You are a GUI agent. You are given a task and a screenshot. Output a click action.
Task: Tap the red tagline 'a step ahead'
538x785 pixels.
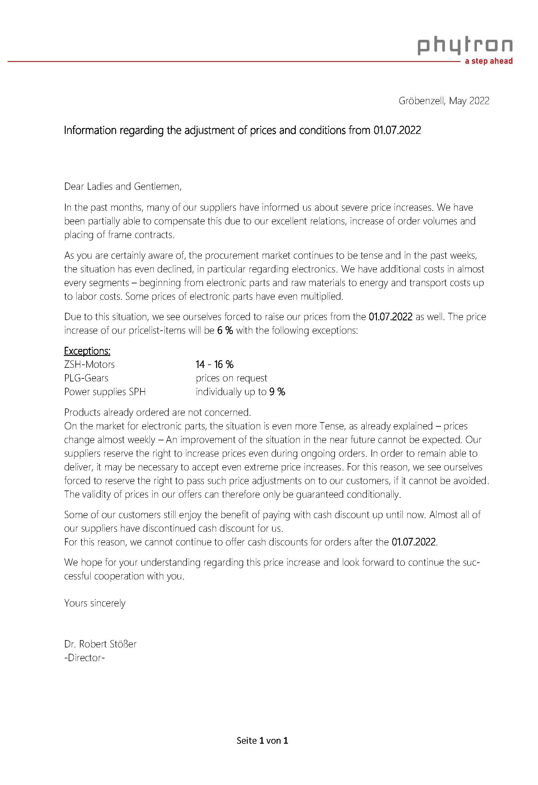click(x=489, y=61)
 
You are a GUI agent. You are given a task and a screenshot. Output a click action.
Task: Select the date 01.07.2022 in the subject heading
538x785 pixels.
click(x=397, y=130)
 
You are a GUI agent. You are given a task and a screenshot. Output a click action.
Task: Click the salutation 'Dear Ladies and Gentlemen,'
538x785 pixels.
click(x=123, y=186)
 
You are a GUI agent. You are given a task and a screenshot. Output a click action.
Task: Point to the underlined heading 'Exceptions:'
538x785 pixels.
click(x=87, y=351)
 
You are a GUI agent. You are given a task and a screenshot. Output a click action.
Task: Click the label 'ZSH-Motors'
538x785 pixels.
click(x=89, y=364)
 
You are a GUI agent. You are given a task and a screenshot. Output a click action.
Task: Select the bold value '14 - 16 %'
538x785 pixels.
click(x=214, y=364)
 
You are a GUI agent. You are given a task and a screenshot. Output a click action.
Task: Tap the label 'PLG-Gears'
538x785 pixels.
click(x=86, y=378)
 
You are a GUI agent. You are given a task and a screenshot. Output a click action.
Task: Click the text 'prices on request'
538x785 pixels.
click(x=231, y=378)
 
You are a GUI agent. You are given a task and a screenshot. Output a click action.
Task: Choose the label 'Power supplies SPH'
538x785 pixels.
click(x=105, y=392)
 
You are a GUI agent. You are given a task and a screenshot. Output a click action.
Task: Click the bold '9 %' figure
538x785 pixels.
click(x=277, y=392)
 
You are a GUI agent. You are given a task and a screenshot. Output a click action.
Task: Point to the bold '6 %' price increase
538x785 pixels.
click(x=225, y=330)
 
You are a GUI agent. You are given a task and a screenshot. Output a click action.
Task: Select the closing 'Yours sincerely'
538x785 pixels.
click(x=95, y=603)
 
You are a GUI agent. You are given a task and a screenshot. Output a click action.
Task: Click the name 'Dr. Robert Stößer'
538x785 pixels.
click(x=100, y=644)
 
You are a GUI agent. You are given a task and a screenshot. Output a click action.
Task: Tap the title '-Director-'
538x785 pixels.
click(x=84, y=658)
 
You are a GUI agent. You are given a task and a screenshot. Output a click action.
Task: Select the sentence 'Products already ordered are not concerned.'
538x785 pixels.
click(x=157, y=412)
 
